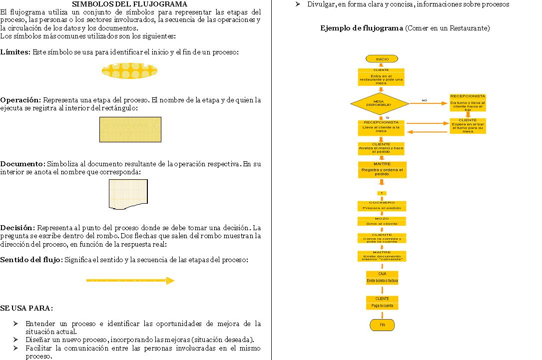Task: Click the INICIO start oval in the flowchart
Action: pyautogui.click(x=382, y=59)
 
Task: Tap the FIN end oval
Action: pyautogui.click(x=382, y=325)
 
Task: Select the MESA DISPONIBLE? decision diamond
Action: pyautogui.click(x=379, y=104)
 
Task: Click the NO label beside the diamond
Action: pyautogui.click(x=424, y=100)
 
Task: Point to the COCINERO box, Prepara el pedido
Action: pyautogui.click(x=382, y=206)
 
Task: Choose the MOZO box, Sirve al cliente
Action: pyautogui.click(x=382, y=221)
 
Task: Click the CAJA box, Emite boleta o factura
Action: pyautogui.click(x=382, y=278)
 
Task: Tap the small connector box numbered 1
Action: pyautogui.click(x=382, y=193)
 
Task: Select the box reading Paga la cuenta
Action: pyautogui.click(x=382, y=303)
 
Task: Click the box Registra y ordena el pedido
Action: pyautogui.click(x=382, y=170)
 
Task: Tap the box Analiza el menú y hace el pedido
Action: pyautogui.click(x=381, y=148)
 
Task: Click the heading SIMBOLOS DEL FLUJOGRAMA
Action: pyautogui.click(x=130, y=4)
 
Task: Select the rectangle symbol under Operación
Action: pyautogui.click(x=130, y=129)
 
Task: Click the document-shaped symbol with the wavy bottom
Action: pyautogui.click(x=128, y=194)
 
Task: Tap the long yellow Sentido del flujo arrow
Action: pyautogui.click(x=130, y=281)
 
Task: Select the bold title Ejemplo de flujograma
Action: pyautogui.click(x=362, y=28)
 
